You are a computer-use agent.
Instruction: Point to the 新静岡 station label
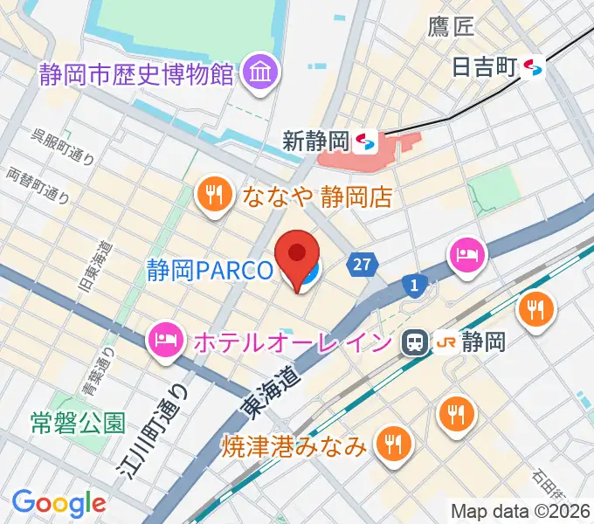[x=316, y=141]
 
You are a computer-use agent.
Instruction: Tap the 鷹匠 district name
[x=451, y=27]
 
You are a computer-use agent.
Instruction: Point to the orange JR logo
[x=445, y=343]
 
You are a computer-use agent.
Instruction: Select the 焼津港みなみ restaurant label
[x=293, y=447]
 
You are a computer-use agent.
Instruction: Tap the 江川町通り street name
[x=152, y=434]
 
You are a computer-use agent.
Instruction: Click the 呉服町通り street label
[x=62, y=146]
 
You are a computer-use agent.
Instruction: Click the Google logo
[x=59, y=503]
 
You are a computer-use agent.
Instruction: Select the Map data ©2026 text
[x=520, y=512]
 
